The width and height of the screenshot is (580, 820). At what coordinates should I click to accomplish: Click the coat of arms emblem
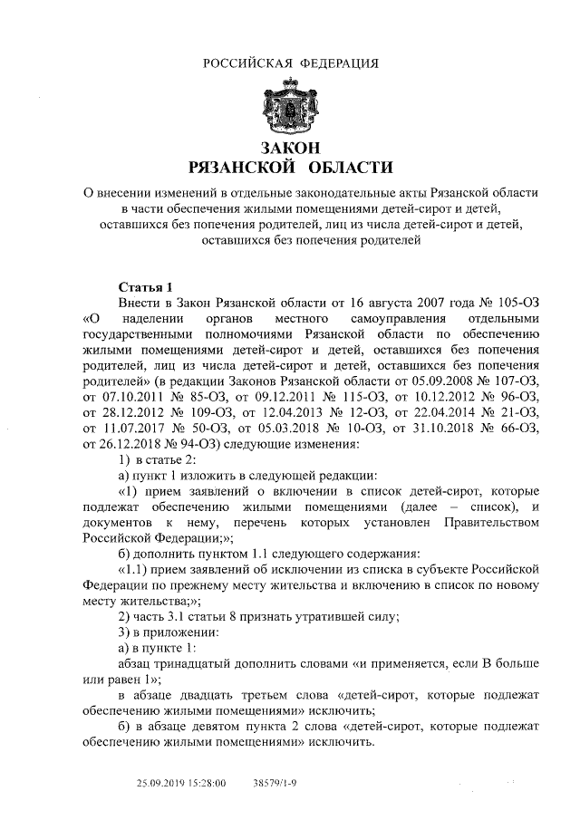pyautogui.click(x=290, y=107)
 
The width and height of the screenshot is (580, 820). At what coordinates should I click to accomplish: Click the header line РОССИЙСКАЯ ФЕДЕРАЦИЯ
pyautogui.click(x=290, y=63)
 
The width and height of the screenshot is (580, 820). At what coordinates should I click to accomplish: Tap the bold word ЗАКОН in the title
pyautogui.click(x=290, y=148)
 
